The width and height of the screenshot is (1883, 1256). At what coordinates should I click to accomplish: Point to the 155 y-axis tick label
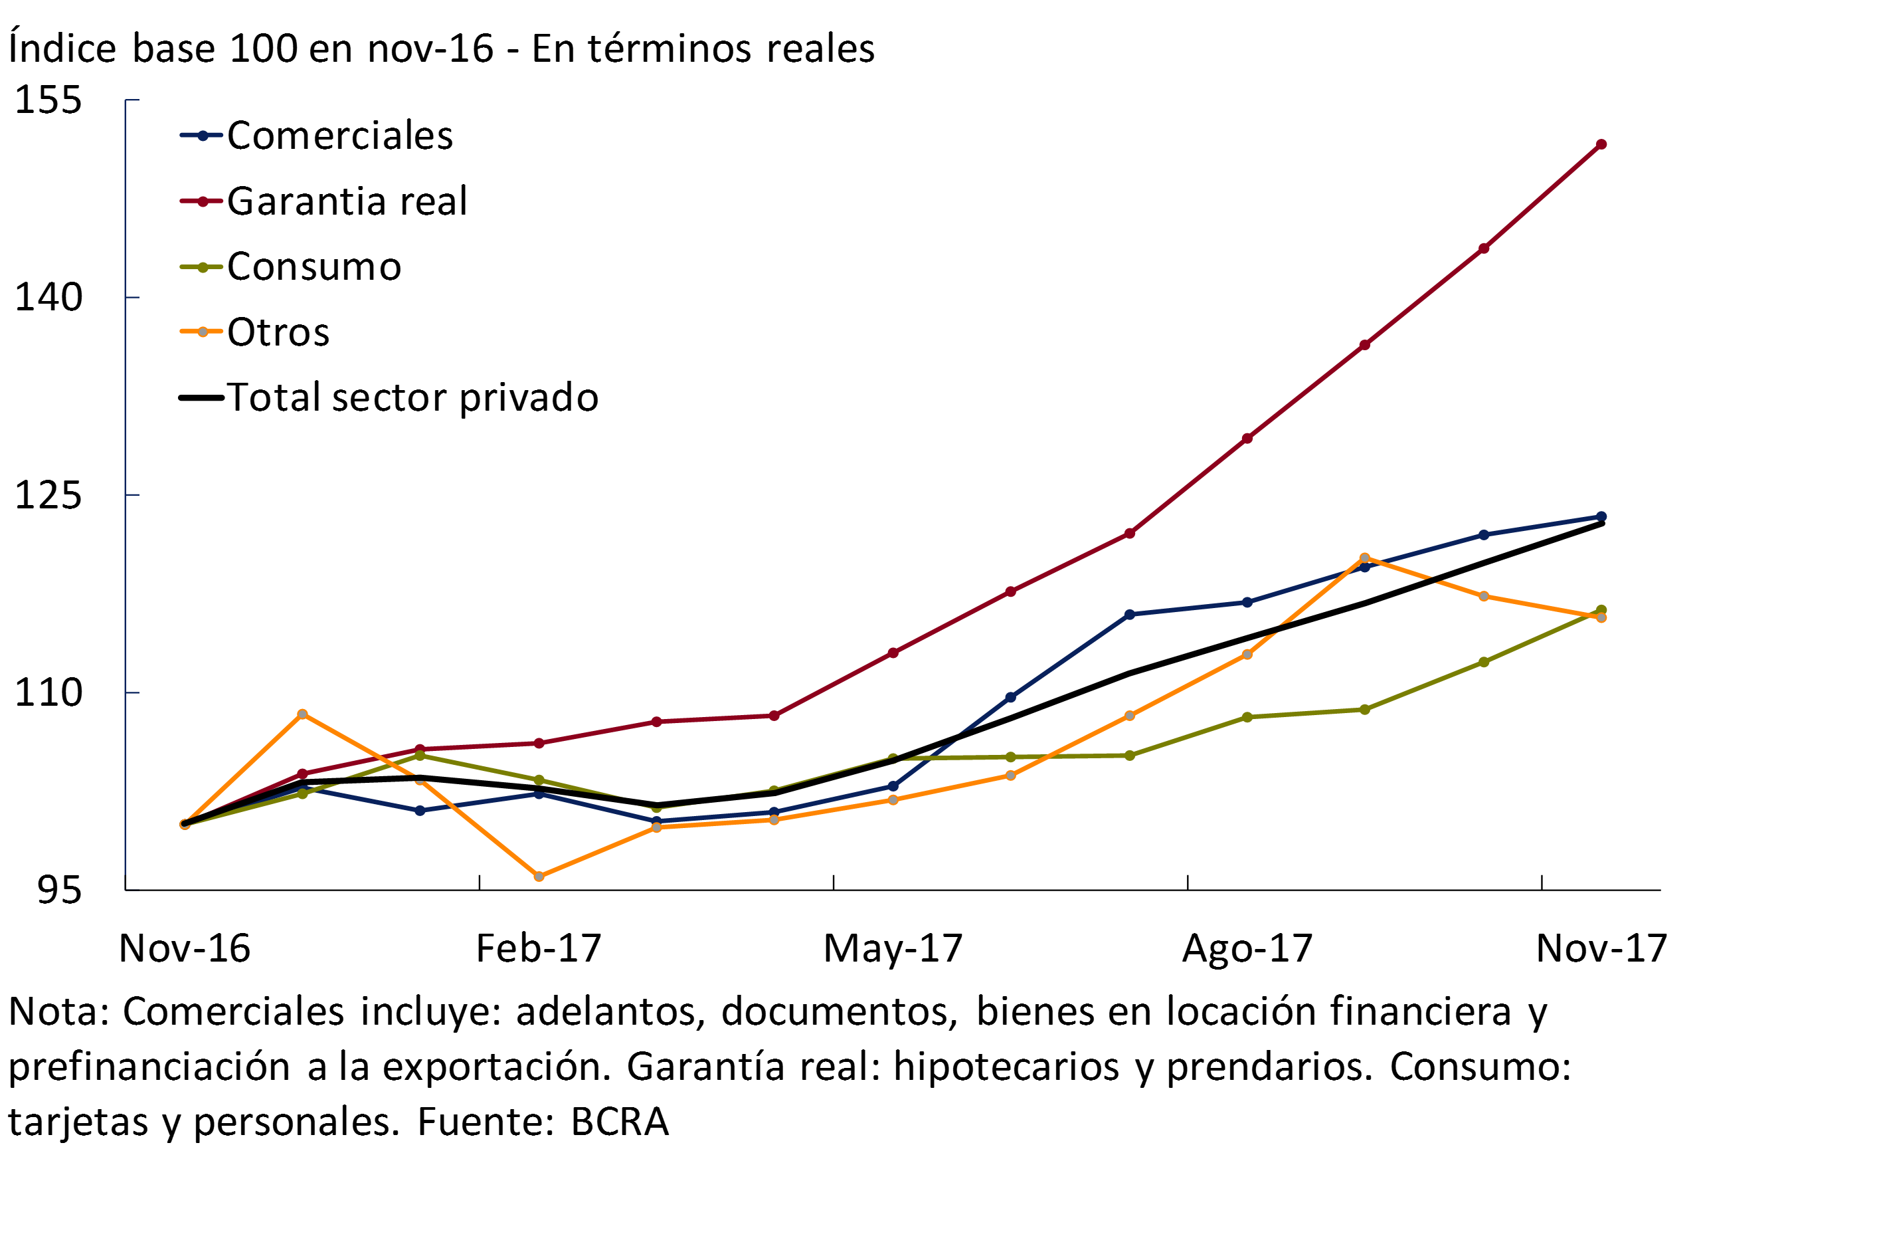tap(48, 100)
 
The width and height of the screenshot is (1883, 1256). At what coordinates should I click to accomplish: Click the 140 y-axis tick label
tap(48, 297)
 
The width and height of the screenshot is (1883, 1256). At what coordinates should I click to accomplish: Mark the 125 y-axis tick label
tap(48, 495)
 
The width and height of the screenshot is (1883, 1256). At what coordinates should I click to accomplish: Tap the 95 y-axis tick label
tap(59, 890)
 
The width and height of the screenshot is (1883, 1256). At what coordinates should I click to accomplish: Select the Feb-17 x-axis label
tap(538, 948)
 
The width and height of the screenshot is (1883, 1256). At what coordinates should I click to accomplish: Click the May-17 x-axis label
tap(893, 948)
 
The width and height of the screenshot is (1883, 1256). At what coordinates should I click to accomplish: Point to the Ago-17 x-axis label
tap(1247, 948)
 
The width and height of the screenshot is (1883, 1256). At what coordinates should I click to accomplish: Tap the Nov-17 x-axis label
tap(1601, 948)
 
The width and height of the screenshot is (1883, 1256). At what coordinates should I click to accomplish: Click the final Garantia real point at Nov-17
tap(1601, 145)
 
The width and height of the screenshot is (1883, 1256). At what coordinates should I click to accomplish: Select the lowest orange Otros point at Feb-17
tap(539, 877)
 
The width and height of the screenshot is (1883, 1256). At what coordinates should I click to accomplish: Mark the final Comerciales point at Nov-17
tap(1601, 516)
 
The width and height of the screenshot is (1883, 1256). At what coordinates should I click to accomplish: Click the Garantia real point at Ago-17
tap(1247, 438)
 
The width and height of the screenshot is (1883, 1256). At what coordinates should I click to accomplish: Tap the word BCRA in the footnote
tap(619, 1122)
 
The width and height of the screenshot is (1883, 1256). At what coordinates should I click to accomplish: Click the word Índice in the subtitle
tap(62, 48)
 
